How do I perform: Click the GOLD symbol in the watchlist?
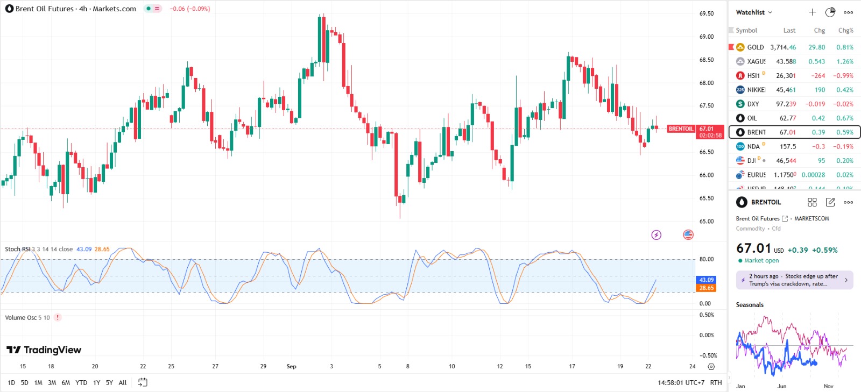[755, 47]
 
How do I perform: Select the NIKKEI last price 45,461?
[786, 90]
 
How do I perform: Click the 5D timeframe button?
[24, 383]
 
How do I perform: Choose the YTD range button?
[81, 383]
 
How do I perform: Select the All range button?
[123, 383]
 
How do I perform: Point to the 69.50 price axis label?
[707, 13]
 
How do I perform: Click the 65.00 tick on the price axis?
[707, 221]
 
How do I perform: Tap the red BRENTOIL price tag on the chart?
[681, 129]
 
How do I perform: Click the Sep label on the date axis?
[291, 366]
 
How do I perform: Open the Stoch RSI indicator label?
[17, 249]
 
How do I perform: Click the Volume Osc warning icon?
[58, 317]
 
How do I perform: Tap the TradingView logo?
[44, 350]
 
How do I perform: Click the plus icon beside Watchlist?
[812, 12]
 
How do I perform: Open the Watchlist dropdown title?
[754, 12]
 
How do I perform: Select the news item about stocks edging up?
[794, 280]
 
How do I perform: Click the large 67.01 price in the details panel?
[753, 248]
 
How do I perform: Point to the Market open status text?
[761, 261]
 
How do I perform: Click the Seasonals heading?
[750, 305]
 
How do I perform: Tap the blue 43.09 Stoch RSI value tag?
[707, 280]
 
